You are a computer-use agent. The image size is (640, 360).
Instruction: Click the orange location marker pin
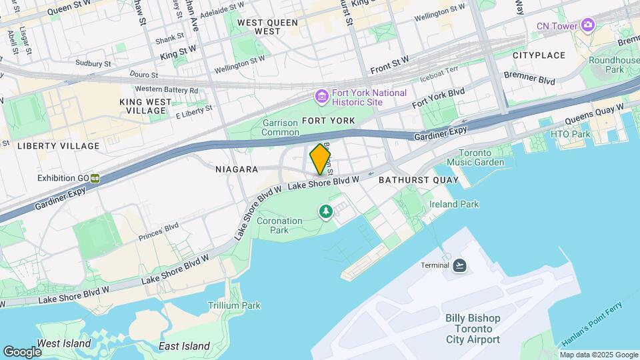(321, 159)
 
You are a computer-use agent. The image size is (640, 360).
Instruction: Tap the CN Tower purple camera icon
(587, 25)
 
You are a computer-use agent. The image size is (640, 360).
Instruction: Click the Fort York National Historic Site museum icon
(322, 97)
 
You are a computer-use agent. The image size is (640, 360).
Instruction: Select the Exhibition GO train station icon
(96, 178)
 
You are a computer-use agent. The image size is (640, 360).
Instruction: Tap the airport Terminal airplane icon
(459, 265)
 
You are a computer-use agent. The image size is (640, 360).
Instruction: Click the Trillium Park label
(233, 305)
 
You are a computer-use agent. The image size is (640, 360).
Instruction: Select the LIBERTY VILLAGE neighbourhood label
(58, 145)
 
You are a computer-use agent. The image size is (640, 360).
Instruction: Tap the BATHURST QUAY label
(418, 180)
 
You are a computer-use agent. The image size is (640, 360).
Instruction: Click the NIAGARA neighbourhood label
(237, 169)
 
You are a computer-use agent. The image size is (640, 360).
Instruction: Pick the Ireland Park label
(454, 204)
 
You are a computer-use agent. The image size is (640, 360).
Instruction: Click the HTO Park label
(571, 134)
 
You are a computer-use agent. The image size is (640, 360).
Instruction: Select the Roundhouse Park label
(605, 65)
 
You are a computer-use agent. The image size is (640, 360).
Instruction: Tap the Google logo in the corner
(22, 351)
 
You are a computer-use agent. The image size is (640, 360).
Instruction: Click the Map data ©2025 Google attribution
(598, 355)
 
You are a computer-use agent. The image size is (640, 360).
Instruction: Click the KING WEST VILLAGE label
(145, 106)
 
